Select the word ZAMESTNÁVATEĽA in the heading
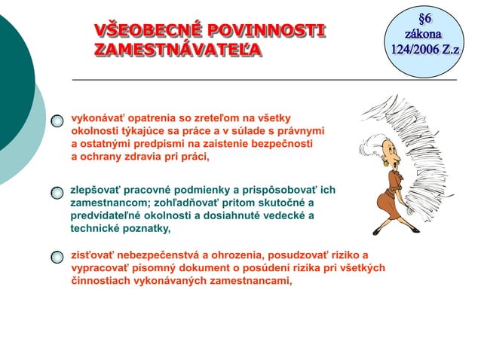pos(178,50)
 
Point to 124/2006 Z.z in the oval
pos(424,50)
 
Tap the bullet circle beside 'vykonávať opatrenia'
pos(58,121)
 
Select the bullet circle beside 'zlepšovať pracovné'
pos(58,194)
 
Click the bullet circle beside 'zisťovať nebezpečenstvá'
pos(58,258)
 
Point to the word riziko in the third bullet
pos(338,255)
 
